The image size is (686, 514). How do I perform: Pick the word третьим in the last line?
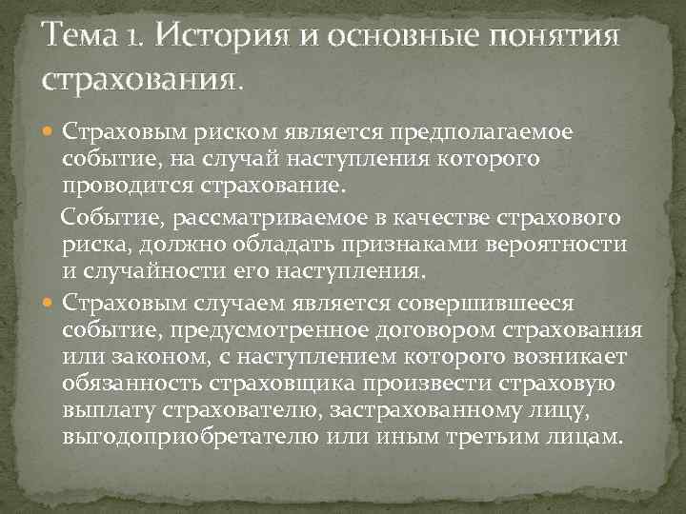502,438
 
